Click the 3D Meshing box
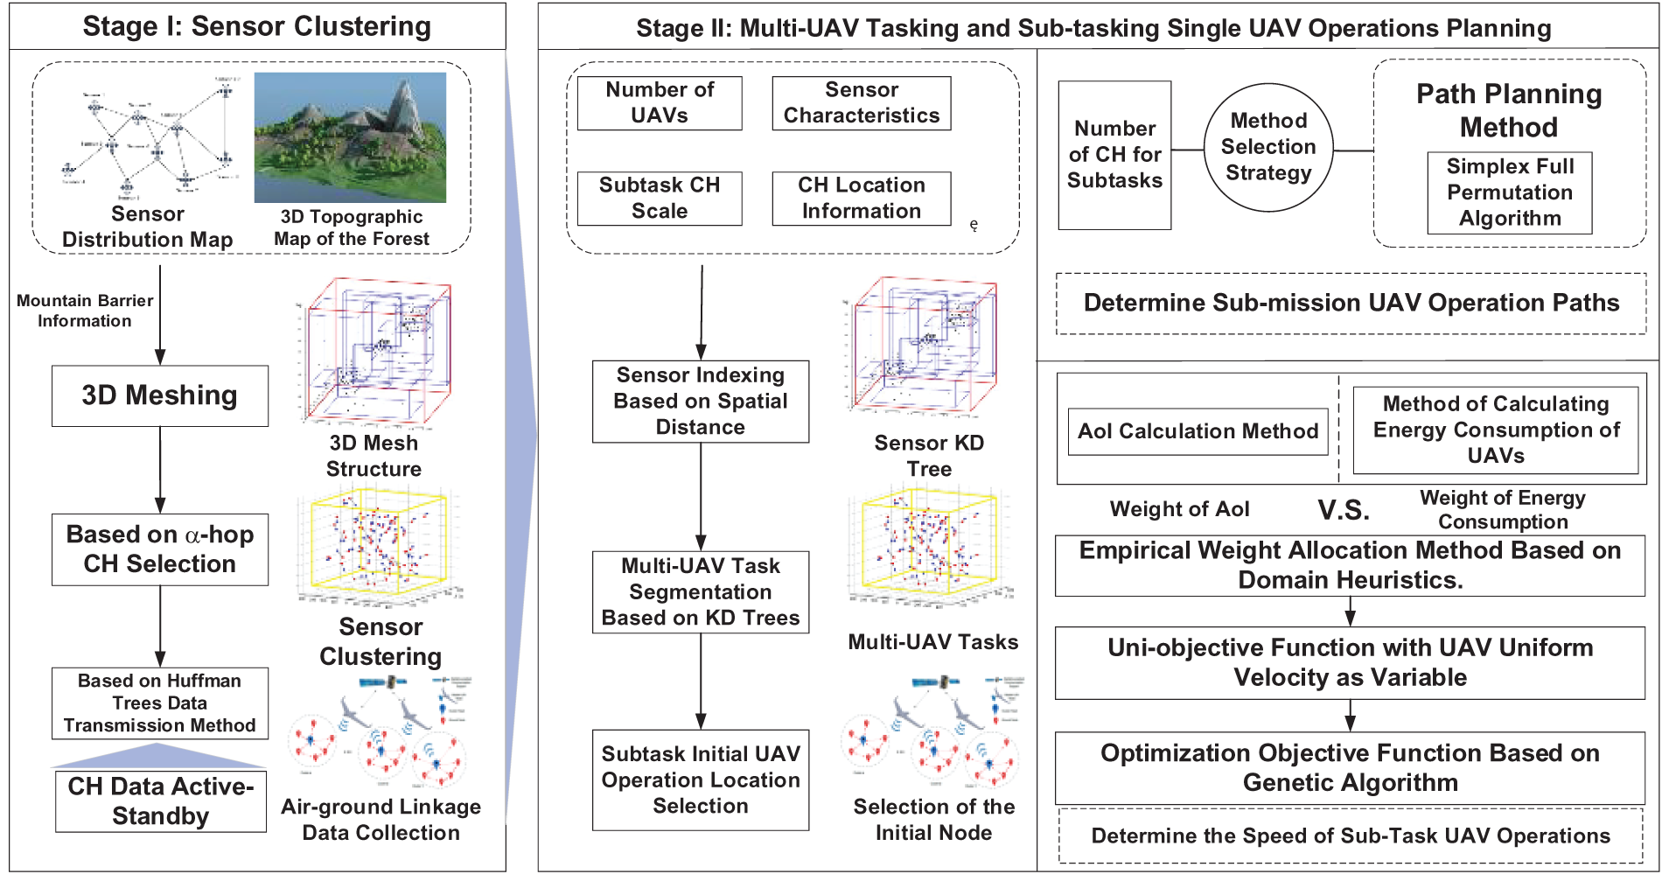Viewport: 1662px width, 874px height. [159, 395]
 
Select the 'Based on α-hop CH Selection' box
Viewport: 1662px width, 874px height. [159, 549]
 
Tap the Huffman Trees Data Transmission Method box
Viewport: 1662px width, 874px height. [159, 703]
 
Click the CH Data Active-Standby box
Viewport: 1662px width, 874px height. [161, 801]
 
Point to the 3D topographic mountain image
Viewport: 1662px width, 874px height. [350, 137]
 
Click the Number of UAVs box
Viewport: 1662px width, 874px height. [660, 103]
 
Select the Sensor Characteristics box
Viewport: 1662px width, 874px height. [861, 103]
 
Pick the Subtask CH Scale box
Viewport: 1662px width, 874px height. [660, 199]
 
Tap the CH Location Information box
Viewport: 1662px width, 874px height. [861, 199]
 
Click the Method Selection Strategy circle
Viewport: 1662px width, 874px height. [1268, 148]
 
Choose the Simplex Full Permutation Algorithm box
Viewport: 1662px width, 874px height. [1509, 192]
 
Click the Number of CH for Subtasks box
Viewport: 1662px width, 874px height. [1114, 155]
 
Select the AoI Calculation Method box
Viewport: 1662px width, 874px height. [1198, 431]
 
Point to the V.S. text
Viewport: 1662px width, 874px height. [1344, 510]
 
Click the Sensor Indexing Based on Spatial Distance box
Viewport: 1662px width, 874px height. [700, 402]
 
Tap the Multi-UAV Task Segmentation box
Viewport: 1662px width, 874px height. [700, 592]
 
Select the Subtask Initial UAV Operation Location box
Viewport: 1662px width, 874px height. [700, 780]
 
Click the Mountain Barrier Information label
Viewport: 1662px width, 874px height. [85, 311]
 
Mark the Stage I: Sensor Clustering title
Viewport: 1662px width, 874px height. [257, 26]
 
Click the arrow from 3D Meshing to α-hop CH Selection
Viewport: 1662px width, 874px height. [160, 470]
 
